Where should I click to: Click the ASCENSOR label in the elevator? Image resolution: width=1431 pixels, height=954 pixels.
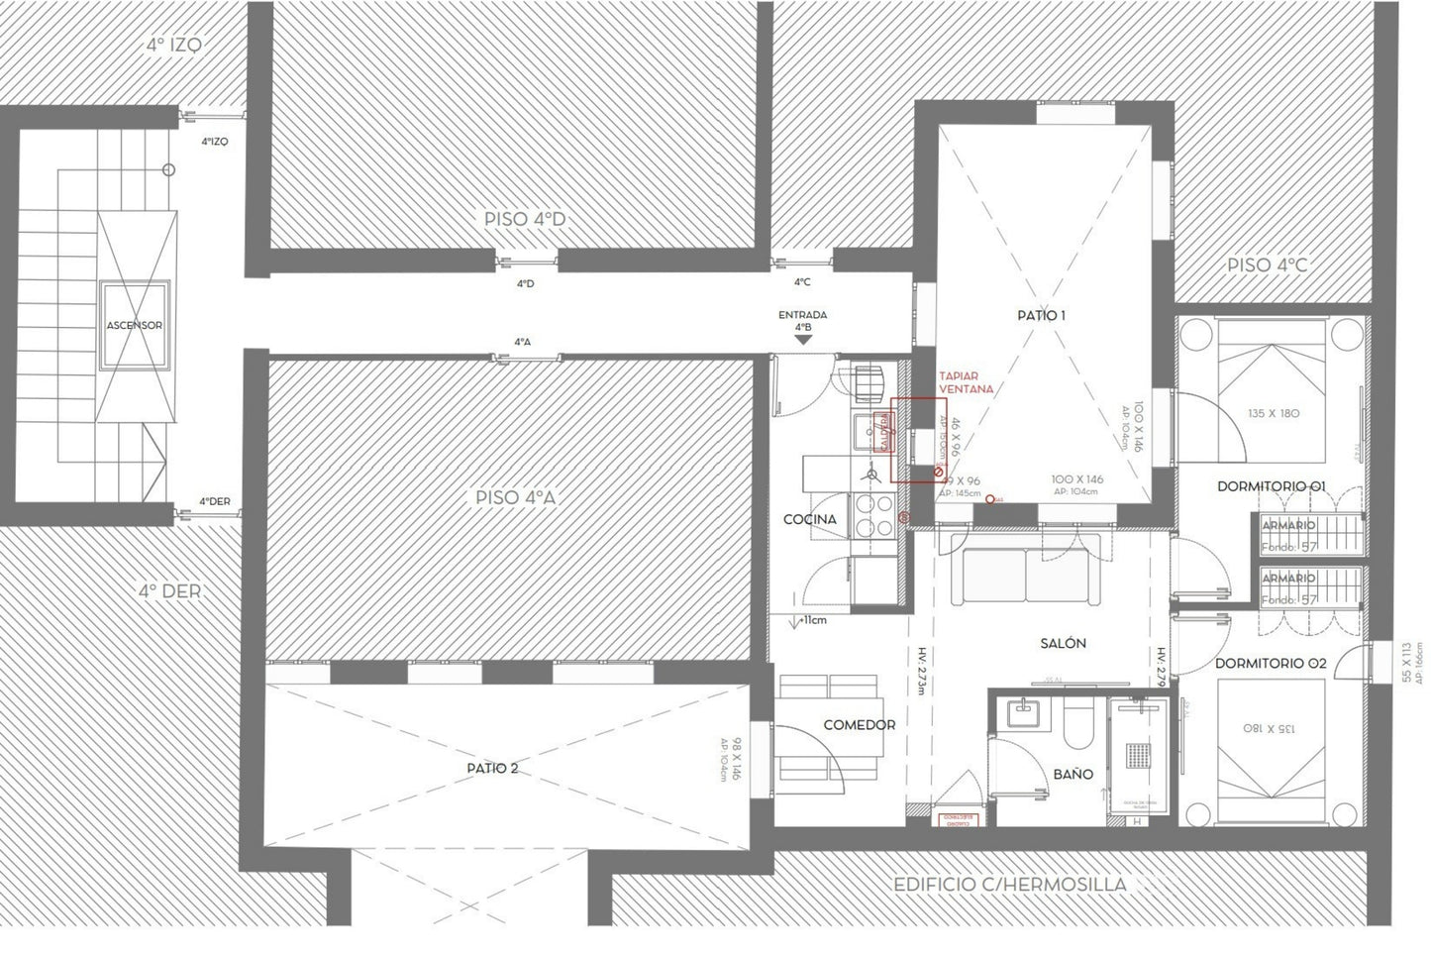(135, 325)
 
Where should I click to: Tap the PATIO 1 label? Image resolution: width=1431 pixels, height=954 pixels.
(1041, 316)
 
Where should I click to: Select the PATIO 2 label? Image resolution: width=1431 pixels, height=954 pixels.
(492, 769)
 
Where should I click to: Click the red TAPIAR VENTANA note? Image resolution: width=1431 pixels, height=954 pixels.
(966, 382)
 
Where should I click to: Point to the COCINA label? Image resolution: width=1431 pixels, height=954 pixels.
(809, 519)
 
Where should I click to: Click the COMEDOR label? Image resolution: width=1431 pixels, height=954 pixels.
(859, 725)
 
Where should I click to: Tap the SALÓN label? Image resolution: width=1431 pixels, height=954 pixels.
(1063, 643)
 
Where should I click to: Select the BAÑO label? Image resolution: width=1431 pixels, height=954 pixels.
(1073, 774)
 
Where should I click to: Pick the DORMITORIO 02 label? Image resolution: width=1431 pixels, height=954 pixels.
(1271, 663)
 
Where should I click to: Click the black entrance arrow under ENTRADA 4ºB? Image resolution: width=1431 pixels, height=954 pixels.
(803, 339)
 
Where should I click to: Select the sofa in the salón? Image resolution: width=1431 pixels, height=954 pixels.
(1026, 573)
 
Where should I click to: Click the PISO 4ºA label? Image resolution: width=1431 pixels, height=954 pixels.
(516, 497)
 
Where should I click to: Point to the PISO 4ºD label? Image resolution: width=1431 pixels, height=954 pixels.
(525, 219)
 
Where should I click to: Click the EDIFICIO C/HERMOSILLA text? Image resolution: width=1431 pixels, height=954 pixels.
(1009, 884)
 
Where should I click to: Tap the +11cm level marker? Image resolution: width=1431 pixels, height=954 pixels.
(813, 621)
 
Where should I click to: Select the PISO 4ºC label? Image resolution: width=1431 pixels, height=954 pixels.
(1267, 265)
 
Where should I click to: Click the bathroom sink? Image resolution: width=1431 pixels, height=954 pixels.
(1020, 713)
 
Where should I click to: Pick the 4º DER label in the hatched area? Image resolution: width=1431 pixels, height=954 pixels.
(169, 591)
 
